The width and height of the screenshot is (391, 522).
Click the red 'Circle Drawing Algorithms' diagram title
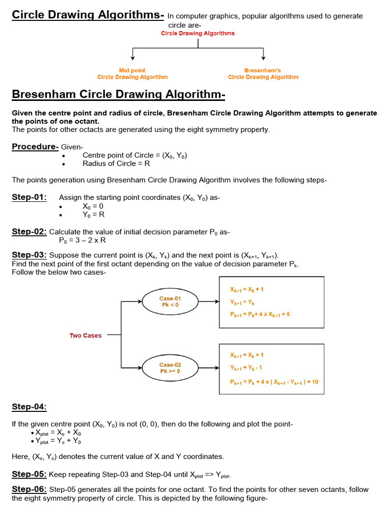click(198, 34)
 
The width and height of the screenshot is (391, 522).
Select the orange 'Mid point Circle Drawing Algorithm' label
click(132, 74)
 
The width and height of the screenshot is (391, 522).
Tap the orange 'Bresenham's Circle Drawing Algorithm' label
click(263, 74)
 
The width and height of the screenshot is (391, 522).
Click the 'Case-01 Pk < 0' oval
click(170, 302)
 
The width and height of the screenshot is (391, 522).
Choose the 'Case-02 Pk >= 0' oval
click(170, 368)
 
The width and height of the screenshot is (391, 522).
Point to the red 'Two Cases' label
click(86, 335)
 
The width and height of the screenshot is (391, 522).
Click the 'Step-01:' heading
click(30, 197)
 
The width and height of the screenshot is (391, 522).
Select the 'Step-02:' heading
click(30, 231)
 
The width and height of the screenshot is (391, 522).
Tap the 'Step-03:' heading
click(30, 255)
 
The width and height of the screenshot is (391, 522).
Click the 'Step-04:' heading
click(30, 407)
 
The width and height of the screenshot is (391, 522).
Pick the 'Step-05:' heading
click(30, 474)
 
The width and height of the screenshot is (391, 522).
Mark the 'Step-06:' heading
click(30, 489)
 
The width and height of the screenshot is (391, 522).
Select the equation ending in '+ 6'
click(260, 314)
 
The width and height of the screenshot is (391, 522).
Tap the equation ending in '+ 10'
click(274, 381)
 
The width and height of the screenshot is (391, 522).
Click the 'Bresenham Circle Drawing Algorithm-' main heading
click(118, 95)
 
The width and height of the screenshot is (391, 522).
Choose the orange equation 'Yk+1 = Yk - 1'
click(246, 368)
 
